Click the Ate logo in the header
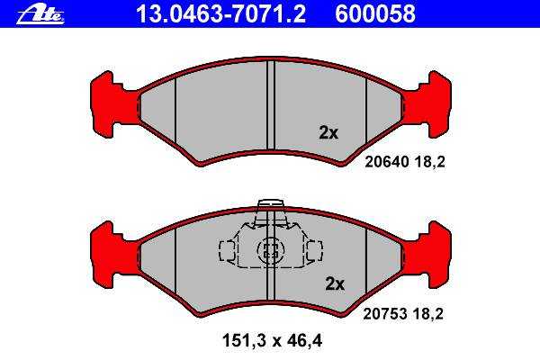point(40,15)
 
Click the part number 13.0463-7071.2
point(220,14)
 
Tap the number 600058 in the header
point(375,14)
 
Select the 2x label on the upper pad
point(328,132)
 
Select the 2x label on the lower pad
point(335,283)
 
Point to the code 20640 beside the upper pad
point(387,162)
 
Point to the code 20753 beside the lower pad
point(385,314)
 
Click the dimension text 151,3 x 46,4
point(272,341)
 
